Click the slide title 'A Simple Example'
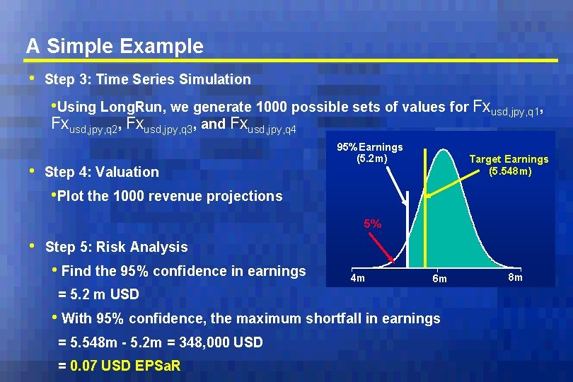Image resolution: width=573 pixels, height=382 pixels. coord(115,46)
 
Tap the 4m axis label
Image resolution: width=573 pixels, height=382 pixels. coord(358,278)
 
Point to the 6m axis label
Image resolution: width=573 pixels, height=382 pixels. coord(439,279)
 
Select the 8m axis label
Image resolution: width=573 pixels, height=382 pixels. coord(515,277)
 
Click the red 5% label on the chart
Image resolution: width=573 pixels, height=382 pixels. coord(373,224)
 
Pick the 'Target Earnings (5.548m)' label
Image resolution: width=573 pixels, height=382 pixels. coord(509,165)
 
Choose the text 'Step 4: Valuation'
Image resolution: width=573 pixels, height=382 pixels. coord(102,172)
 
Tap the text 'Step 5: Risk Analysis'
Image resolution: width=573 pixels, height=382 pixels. coord(116,247)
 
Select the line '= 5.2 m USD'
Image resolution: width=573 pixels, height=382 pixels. coord(98,294)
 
